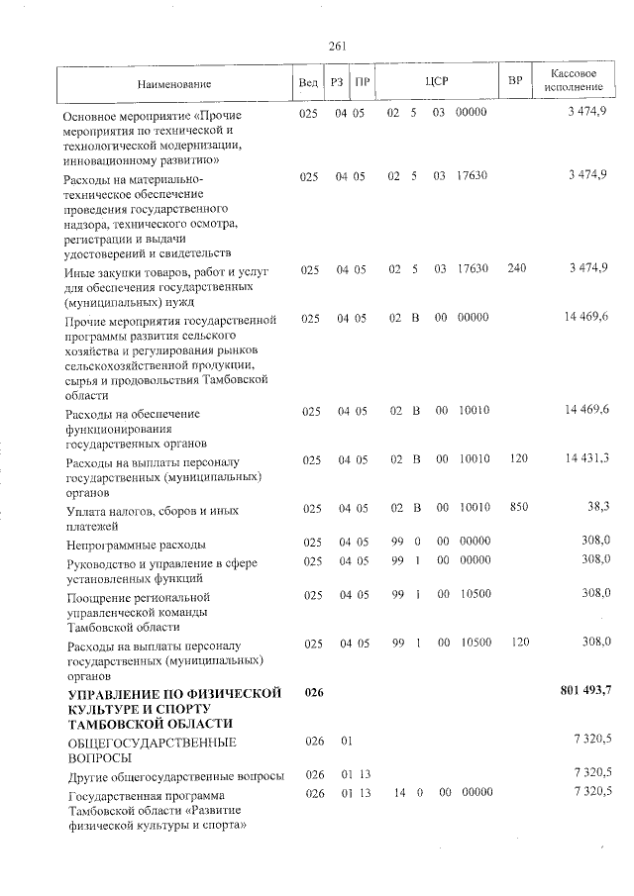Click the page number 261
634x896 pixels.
pyautogui.click(x=335, y=45)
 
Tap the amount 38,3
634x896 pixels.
pyautogui.click(x=596, y=507)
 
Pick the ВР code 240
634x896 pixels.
pyautogui.click(x=516, y=269)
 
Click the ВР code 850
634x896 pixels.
pyautogui.click(x=516, y=507)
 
